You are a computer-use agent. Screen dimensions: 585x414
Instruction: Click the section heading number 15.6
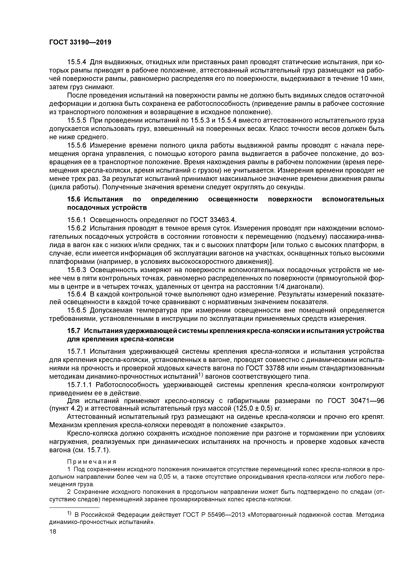point(74,199)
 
